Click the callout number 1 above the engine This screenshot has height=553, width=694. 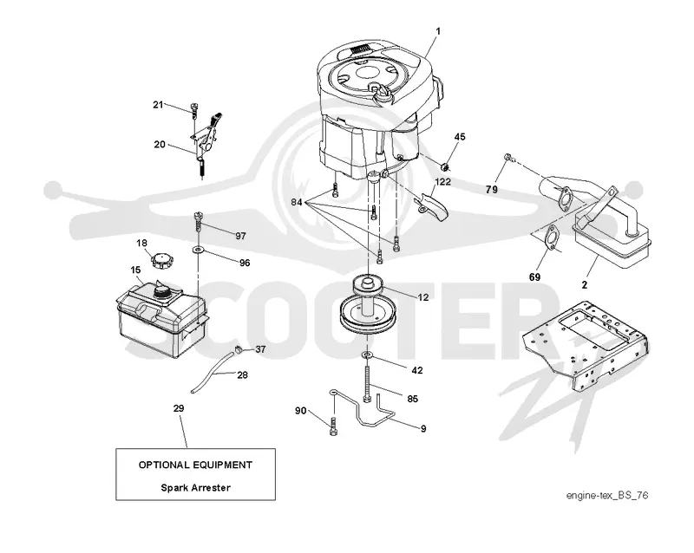pyautogui.click(x=438, y=31)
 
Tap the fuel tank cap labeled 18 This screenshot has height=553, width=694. pyautogui.click(x=162, y=260)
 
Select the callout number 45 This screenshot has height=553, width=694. pyautogui.click(x=460, y=137)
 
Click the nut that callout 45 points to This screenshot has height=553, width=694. pyautogui.click(x=445, y=166)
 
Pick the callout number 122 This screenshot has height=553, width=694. pyautogui.click(x=443, y=182)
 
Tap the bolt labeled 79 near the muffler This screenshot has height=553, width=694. pyautogui.click(x=508, y=157)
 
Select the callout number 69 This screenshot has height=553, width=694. pyautogui.click(x=534, y=277)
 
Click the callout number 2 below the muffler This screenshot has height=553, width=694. pyautogui.click(x=584, y=285)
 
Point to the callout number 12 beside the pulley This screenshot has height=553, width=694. pyautogui.click(x=423, y=297)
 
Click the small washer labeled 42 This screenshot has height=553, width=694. pyautogui.click(x=367, y=355)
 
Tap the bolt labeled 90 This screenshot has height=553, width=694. pyautogui.click(x=333, y=426)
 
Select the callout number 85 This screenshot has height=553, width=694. pyautogui.click(x=413, y=399)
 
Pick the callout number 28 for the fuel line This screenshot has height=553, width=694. pyautogui.click(x=243, y=375)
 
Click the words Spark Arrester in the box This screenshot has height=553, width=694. pyautogui.click(x=196, y=488)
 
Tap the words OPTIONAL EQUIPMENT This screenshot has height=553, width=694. pyautogui.click(x=196, y=465)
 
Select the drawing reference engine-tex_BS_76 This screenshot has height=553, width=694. pyautogui.click(x=607, y=496)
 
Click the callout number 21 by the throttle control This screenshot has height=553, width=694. pyautogui.click(x=158, y=105)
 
